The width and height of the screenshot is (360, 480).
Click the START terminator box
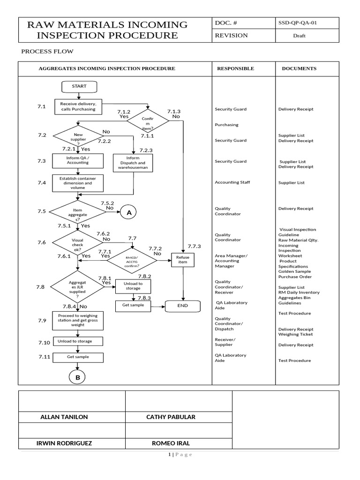point(78,87)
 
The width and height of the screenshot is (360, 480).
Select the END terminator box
point(182,306)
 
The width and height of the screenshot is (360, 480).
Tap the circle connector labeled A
point(128,213)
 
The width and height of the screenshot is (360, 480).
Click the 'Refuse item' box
point(182,260)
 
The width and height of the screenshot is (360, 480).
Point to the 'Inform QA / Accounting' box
point(78,161)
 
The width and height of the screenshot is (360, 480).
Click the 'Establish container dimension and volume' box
point(78,183)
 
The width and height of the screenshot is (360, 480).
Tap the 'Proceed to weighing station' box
point(78,322)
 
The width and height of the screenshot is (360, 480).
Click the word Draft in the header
point(299,36)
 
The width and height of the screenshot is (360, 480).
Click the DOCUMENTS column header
point(299,68)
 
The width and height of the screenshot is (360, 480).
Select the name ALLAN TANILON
point(64,417)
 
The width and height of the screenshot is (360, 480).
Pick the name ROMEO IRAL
point(171,443)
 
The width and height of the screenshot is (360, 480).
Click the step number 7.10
point(44,343)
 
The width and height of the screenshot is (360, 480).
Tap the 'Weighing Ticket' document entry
point(295,334)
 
